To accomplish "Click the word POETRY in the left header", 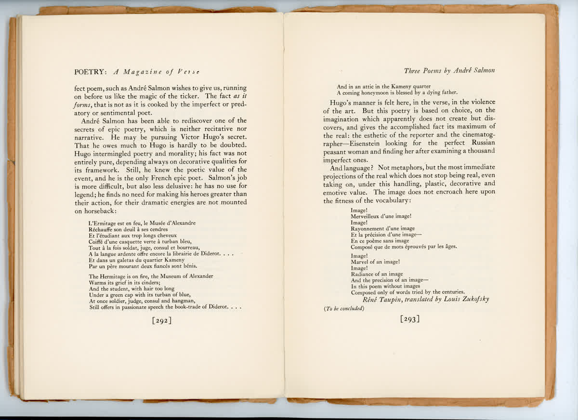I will [92, 72].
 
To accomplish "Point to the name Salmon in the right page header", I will [483, 71].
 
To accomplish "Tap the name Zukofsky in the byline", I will [473, 299].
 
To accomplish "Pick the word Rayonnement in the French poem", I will [369, 228].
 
